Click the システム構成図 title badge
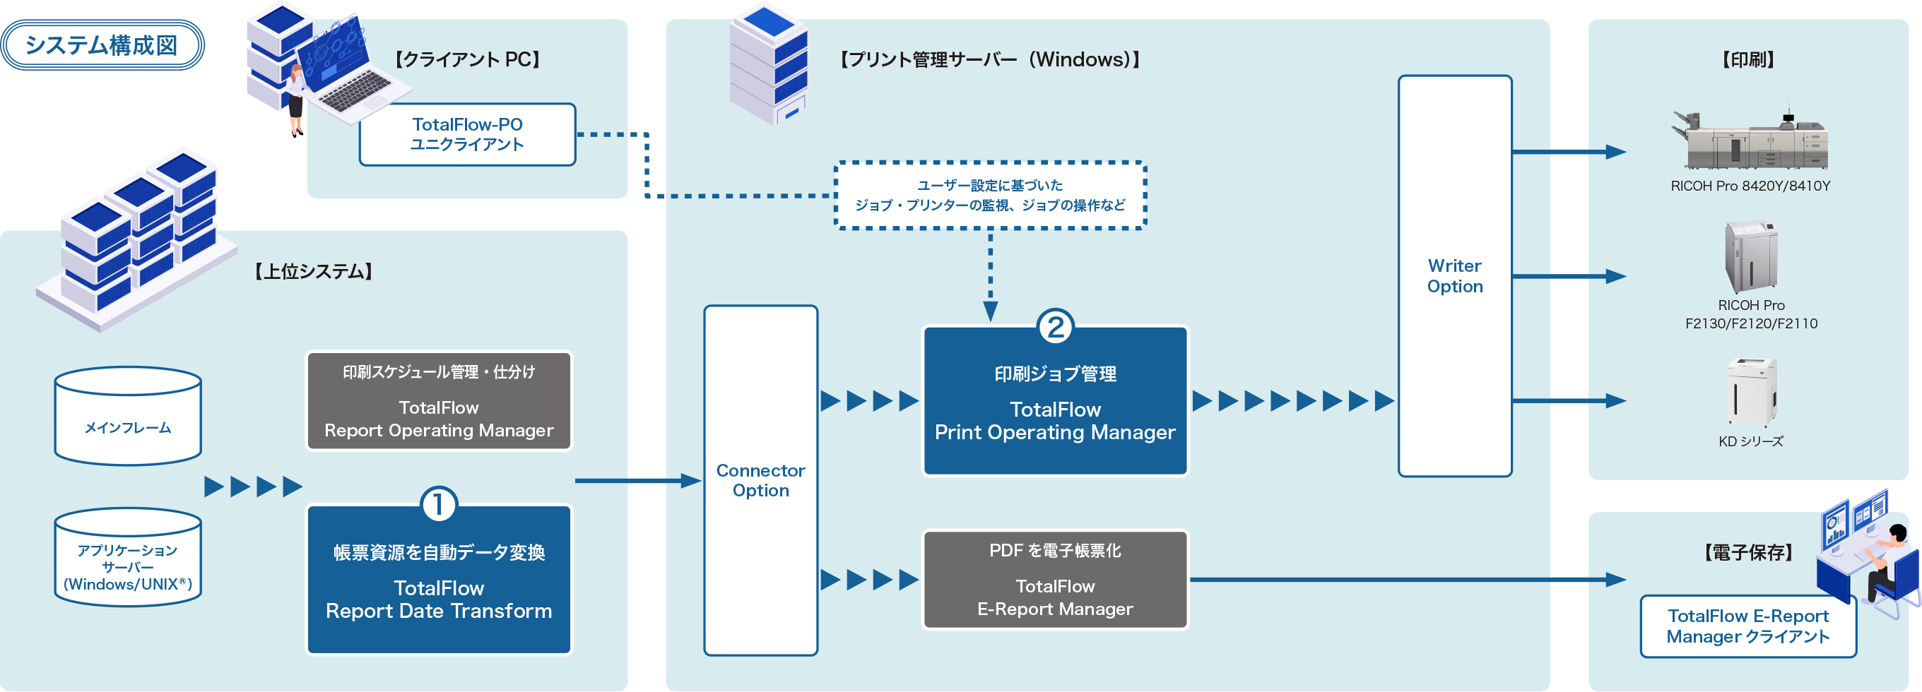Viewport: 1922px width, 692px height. click(x=102, y=45)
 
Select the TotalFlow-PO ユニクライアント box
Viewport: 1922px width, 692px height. click(x=467, y=135)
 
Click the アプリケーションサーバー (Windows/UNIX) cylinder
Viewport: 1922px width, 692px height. click(x=128, y=559)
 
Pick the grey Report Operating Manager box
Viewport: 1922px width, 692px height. click(x=439, y=402)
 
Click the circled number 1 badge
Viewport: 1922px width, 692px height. click(x=439, y=505)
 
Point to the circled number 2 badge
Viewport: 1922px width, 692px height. click(x=1055, y=327)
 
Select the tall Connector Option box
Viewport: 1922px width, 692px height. click(x=760, y=481)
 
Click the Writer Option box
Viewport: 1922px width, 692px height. click(x=1454, y=276)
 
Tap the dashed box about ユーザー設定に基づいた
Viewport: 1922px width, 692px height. click(x=989, y=196)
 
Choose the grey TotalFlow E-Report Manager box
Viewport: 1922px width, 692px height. click(x=1055, y=580)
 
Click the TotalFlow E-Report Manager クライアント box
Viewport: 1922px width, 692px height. click(x=1747, y=626)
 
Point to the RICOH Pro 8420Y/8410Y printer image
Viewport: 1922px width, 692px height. click(x=1750, y=141)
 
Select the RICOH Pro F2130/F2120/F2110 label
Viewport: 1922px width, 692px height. click(x=1750, y=315)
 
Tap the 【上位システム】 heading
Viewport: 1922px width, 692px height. click(x=313, y=271)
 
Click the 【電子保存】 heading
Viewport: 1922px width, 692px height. click(x=1747, y=553)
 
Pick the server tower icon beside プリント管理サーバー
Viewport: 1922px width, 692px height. click(x=770, y=65)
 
